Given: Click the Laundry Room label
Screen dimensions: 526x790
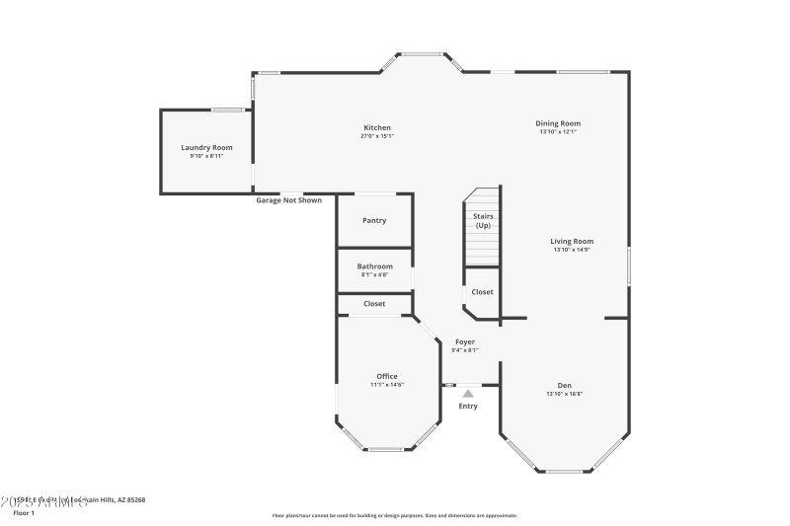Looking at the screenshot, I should click(x=206, y=147).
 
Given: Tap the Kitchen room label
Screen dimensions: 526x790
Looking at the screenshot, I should click(x=377, y=127).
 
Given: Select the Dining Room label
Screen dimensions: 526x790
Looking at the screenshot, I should click(x=558, y=123).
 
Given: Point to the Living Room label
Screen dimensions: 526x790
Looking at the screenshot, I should click(x=572, y=241).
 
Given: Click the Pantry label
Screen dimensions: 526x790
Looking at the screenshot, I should click(x=374, y=220).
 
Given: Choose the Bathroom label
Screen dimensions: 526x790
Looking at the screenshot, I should click(x=374, y=266).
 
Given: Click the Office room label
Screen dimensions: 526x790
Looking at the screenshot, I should click(x=387, y=376).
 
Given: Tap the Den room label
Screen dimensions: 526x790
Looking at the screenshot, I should click(x=565, y=385).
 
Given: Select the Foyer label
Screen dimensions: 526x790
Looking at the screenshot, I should click(x=465, y=341).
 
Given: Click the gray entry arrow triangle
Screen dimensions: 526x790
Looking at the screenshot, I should click(x=468, y=393).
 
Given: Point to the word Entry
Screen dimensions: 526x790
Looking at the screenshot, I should click(x=468, y=406).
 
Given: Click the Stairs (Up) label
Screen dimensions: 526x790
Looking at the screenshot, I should click(x=483, y=220).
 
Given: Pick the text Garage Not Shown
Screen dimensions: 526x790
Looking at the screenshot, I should click(x=289, y=200).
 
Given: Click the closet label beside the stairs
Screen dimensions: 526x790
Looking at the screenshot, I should click(x=482, y=292).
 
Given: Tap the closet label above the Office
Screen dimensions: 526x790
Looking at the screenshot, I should click(x=374, y=304).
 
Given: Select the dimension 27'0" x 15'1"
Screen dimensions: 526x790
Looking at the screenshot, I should click(x=377, y=136).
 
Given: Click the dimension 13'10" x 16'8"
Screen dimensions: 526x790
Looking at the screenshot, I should click(x=565, y=394).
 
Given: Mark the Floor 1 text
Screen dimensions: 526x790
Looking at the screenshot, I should click(x=24, y=513).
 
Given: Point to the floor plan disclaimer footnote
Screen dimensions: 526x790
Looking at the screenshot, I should click(x=394, y=515).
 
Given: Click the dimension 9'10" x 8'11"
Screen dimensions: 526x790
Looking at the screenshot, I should click(x=206, y=156).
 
